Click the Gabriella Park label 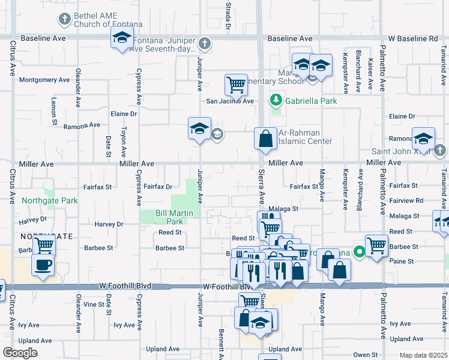[x=311, y=100]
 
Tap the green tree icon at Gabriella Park [x=276, y=99]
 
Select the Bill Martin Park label [x=174, y=217]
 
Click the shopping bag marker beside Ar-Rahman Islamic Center [x=265, y=139]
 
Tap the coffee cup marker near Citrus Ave [x=43, y=265]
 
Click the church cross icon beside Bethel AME [x=64, y=19]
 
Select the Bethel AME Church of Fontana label [x=108, y=20]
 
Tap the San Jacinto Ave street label [x=231, y=101]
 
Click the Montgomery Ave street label [x=44, y=80]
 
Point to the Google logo [x=20, y=353]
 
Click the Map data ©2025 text [x=423, y=355]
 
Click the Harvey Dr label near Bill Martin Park [x=109, y=224]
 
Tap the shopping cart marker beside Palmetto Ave [x=376, y=245]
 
